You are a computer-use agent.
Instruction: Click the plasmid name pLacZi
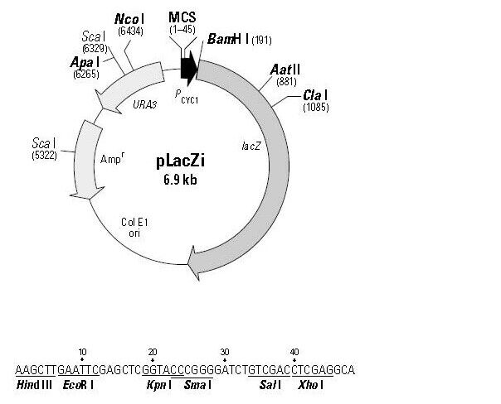pos(181,161)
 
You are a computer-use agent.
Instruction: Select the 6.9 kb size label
pos(181,180)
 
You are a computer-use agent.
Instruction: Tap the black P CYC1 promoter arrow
pos(189,68)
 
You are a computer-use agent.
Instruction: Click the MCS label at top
pos(182,17)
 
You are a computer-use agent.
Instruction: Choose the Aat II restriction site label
pos(285,70)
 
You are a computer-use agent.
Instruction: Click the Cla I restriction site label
pos(315,94)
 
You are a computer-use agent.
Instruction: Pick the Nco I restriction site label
pos(129,19)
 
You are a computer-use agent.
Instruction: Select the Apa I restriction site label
pos(85,62)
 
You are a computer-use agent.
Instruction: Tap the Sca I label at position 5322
pos(44,143)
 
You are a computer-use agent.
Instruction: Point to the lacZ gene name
pos(251,146)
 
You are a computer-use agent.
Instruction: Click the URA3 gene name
pos(144,104)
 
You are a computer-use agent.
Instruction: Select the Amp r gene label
pos(112,158)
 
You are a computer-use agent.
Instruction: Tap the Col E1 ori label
pos(134,228)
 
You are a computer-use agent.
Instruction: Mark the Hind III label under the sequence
pos(34,385)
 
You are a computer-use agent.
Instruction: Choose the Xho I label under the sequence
pos(310,385)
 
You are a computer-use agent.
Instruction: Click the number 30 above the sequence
pos(225,352)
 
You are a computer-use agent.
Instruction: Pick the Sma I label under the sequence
pos(197,385)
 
